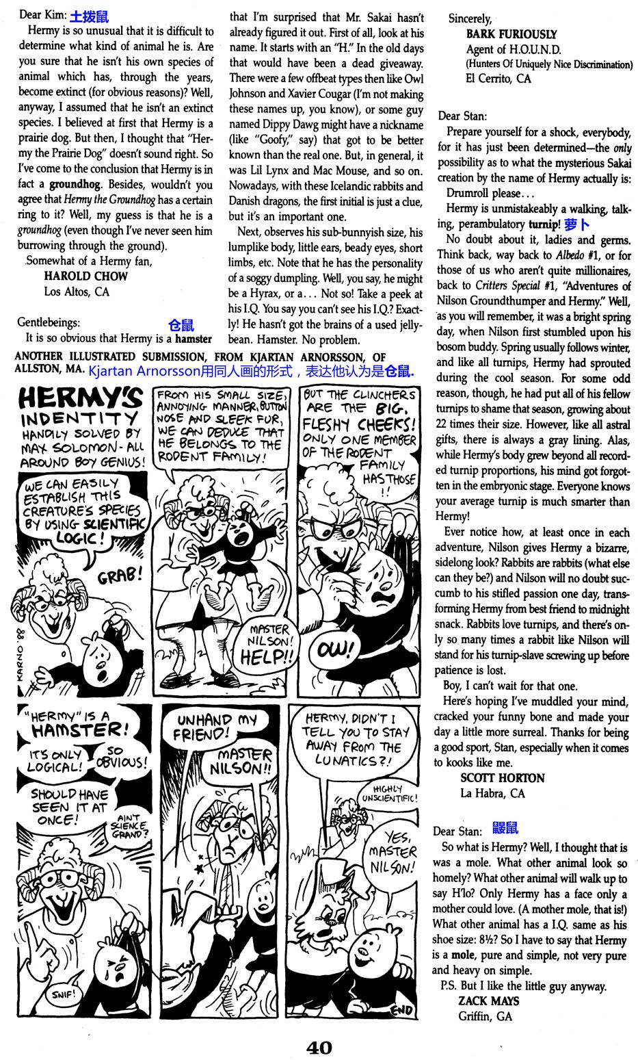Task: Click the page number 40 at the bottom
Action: click(x=319, y=1047)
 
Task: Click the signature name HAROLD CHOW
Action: click(x=85, y=276)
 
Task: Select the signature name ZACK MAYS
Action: click(x=489, y=1000)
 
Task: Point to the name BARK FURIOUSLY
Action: click(x=511, y=34)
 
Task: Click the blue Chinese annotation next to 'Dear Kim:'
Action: click(x=89, y=16)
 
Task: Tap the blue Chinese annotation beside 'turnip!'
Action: click(x=576, y=224)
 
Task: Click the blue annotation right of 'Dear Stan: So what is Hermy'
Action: click(x=505, y=829)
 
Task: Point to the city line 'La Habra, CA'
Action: click(x=492, y=794)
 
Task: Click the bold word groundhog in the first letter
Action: click(x=77, y=185)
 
